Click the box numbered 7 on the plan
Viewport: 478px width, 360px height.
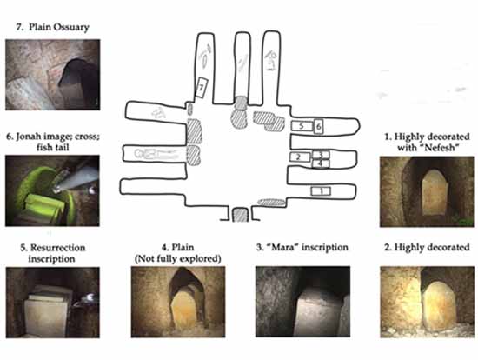[x=202, y=88]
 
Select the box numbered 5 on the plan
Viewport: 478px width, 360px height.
[x=302, y=126]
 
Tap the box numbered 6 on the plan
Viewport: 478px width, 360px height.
[x=318, y=126]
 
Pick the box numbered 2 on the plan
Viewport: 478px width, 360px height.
[x=299, y=157]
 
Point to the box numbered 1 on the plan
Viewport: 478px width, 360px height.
[x=321, y=191]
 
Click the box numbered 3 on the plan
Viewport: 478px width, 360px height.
[x=321, y=155]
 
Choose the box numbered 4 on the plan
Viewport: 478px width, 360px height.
[x=321, y=163]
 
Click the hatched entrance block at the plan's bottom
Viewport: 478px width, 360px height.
[x=241, y=215]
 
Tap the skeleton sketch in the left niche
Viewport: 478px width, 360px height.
[x=156, y=155]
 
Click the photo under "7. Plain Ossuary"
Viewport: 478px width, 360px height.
[x=53, y=75]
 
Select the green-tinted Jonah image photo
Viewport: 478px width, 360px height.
[x=52, y=190]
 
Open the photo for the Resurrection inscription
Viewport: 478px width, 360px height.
[x=53, y=303]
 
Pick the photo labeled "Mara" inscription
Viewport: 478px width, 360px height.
[x=302, y=302]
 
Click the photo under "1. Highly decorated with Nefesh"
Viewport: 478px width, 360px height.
[x=427, y=191]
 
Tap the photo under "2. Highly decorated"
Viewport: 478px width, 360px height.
[x=427, y=302]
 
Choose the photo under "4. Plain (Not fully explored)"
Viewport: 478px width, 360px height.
[x=178, y=302]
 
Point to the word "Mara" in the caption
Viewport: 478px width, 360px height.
[x=282, y=247]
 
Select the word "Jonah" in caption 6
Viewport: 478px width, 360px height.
[x=31, y=137]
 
